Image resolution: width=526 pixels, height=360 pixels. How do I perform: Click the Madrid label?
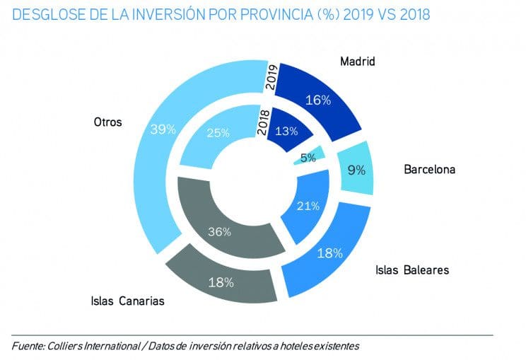357,62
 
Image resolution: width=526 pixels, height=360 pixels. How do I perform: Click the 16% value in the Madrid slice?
318,100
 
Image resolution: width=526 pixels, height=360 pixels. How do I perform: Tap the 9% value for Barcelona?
356,170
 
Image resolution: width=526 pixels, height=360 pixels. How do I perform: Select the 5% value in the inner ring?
308,158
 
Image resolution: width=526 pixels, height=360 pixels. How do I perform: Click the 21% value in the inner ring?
308,206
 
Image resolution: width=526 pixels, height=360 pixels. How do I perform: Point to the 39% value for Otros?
163,129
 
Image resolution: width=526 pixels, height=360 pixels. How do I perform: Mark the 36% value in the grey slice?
218,231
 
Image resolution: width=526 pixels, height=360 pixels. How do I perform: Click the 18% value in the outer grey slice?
221,281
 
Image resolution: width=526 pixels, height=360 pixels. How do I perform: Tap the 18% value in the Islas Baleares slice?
329,252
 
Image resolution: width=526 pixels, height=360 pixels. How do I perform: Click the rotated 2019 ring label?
269,75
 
